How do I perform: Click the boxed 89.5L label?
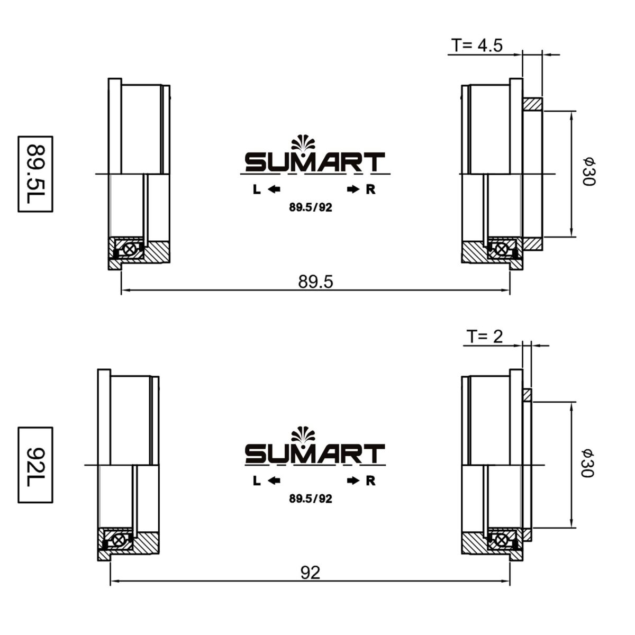click(x=35, y=174)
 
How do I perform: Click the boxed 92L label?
click(x=35, y=465)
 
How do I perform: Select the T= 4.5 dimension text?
click(x=477, y=45)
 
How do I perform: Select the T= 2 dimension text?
click(x=485, y=337)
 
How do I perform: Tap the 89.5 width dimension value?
click(x=316, y=282)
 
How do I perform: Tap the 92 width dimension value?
click(x=311, y=573)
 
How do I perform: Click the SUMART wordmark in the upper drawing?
click(x=315, y=162)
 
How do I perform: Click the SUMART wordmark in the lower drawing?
click(x=315, y=453)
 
